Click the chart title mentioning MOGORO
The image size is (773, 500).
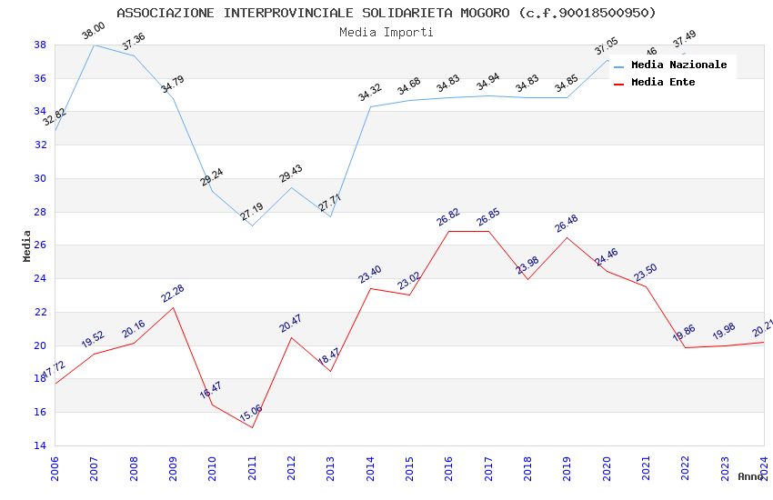(386, 13)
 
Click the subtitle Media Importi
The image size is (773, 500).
(386, 32)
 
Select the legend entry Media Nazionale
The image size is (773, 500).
(678, 65)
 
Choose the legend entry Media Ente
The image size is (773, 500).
(663, 83)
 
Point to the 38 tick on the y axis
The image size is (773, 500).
(40, 45)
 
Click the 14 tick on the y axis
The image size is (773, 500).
(40, 445)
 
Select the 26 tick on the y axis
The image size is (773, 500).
(40, 245)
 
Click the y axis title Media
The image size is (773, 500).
(27, 245)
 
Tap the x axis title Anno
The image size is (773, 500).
(750, 476)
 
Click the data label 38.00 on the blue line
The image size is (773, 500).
(93, 30)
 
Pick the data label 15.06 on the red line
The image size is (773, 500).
(251, 414)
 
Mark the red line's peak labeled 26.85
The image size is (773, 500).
(488, 231)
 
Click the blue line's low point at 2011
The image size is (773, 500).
(252, 225)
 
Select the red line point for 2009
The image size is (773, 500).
(173, 307)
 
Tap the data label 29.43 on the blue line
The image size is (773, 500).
(291, 173)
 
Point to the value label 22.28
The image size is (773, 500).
(173, 293)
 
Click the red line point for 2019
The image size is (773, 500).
(567, 237)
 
